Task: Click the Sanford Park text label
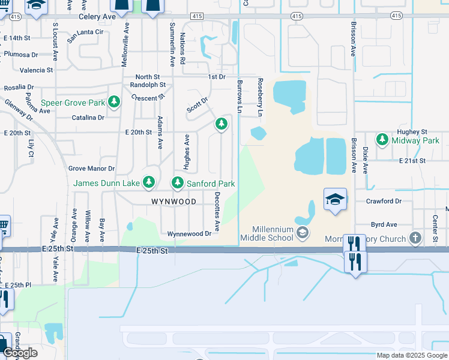pos(210,183)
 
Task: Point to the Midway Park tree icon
pos(382,140)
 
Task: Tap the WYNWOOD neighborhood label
pos(173,202)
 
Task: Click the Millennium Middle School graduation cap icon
pos(304,232)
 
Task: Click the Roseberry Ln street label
pos(260,97)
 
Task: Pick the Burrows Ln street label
pos(240,97)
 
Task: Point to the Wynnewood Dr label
pos(189,233)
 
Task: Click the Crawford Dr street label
pos(384,202)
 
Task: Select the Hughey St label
pos(412,131)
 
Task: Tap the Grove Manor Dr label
pos(91,169)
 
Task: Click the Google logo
pos(20,352)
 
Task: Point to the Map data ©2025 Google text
pos(411,355)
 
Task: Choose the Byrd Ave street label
pos(384,224)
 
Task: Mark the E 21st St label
pos(412,161)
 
